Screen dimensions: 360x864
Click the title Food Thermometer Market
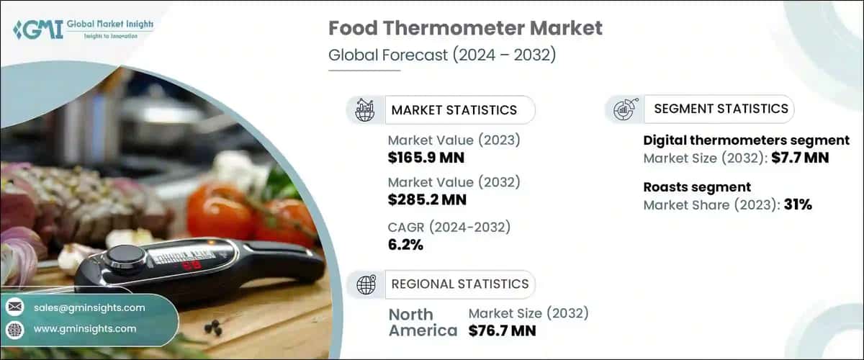(x=465, y=28)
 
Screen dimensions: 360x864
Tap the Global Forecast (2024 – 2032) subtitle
(x=441, y=55)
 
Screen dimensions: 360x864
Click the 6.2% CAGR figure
(x=405, y=245)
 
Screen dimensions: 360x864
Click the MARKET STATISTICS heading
(x=454, y=110)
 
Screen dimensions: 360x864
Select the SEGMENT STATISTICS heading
(x=721, y=109)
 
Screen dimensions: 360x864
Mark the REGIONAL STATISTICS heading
(x=459, y=284)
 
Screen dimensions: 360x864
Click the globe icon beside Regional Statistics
(x=366, y=284)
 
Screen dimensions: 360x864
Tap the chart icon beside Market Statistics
(x=366, y=110)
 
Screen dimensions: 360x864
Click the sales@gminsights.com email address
(x=89, y=307)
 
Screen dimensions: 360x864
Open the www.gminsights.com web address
(x=85, y=328)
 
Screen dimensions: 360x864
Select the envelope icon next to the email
(x=15, y=307)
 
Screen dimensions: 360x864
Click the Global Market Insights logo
(x=83, y=30)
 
